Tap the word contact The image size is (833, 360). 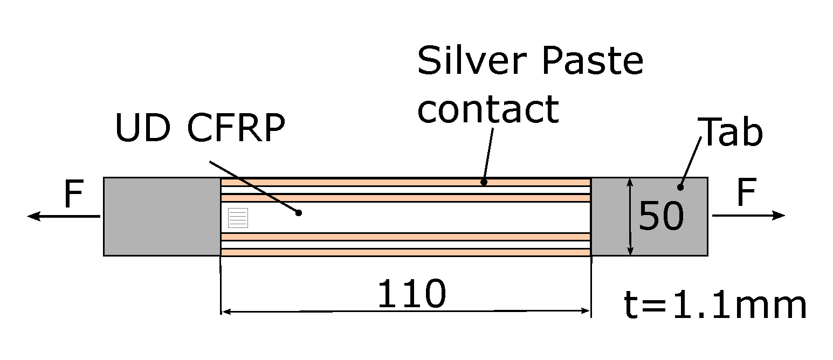pos(487,108)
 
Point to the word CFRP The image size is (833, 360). pos(235,129)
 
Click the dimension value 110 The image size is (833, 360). pos(412,294)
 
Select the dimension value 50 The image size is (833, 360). pos(661,217)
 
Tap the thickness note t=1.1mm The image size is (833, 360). pos(715,305)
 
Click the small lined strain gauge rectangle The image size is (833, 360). pos(238,218)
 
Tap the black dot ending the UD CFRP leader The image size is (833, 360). pos(298,213)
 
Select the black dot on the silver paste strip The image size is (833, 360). pos(484,182)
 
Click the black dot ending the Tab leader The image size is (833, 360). pos(680,188)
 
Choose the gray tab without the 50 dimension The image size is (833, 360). pos(162,216)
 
